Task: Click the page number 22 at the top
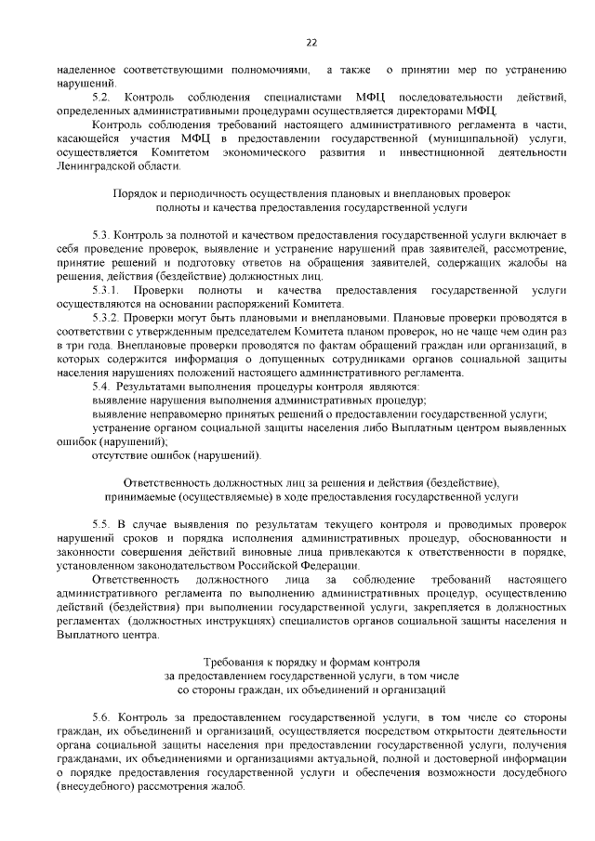[311, 42]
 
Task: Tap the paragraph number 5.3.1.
[107, 291]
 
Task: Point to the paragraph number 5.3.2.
[107, 317]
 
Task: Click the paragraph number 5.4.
[101, 385]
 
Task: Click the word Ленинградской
[99, 165]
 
